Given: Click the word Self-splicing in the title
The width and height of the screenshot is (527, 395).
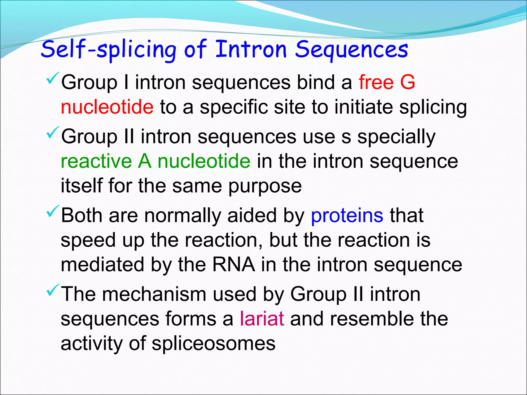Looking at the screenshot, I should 108,49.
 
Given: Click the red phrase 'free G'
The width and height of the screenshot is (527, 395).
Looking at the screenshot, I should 387,82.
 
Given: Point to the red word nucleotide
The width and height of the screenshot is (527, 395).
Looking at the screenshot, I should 107,107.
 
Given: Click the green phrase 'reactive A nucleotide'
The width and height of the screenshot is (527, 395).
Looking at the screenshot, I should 155,161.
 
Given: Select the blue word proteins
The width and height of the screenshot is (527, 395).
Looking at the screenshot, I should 347,216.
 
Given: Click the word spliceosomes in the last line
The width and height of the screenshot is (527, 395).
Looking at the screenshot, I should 214,344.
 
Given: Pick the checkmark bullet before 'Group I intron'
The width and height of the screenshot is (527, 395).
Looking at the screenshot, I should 53,79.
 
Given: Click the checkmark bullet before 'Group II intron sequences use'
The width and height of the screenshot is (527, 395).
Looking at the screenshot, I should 53,133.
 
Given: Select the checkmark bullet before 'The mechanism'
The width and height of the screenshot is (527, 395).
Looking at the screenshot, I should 53,290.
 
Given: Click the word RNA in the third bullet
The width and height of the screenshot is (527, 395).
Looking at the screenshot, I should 234,265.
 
